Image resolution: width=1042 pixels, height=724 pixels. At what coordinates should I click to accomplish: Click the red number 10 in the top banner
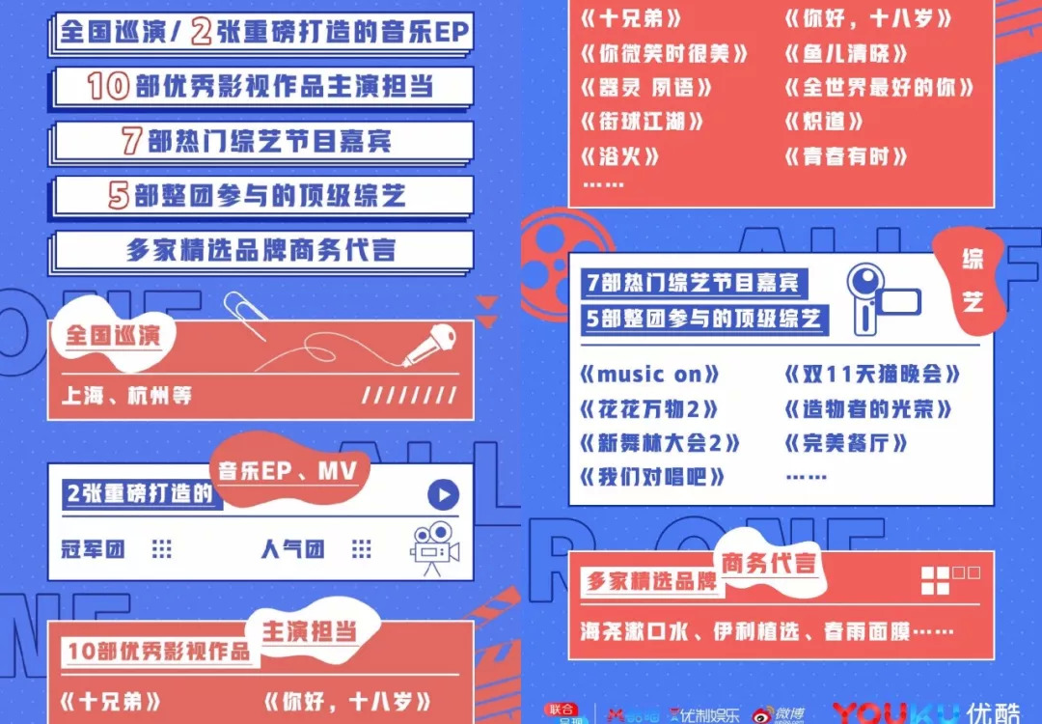point(108,87)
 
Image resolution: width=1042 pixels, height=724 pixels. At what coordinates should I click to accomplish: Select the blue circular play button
point(443,495)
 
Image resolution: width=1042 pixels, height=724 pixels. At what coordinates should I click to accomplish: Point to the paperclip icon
point(245,315)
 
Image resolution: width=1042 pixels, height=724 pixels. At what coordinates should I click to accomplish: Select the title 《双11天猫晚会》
point(873,375)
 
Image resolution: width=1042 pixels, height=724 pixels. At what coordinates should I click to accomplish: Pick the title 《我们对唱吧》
point(651,477)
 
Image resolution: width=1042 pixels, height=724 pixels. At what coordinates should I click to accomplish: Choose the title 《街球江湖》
point(642,122)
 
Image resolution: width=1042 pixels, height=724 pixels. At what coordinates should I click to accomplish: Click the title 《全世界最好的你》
point(879,87)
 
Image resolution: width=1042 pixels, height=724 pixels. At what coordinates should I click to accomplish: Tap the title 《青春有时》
point(846,156)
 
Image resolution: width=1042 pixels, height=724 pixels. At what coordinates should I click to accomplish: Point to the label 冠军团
point(93,549)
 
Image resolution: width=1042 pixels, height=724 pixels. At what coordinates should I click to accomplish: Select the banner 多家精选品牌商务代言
point(261,250)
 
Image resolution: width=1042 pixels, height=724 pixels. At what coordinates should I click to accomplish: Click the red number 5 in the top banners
point(119,196)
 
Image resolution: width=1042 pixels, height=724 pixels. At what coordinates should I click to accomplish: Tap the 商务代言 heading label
point(768,565)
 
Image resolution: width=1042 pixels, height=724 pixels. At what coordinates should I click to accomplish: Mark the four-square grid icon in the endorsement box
point(936,580)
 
